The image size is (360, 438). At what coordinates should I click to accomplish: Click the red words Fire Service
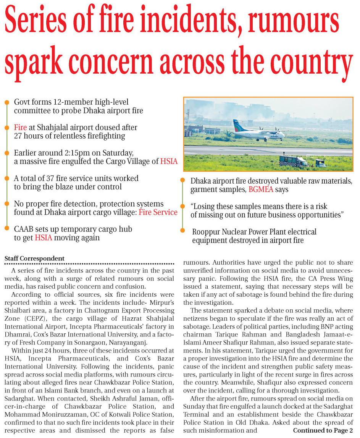click(x=158, y=212)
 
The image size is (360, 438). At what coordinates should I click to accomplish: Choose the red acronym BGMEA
click(x=262, y=189)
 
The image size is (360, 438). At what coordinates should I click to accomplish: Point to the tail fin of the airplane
click(x=236, y=125)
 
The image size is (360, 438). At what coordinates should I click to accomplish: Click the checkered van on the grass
click(x=293, y=161)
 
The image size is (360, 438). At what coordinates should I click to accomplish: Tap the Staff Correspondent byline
click(x=34, y=259)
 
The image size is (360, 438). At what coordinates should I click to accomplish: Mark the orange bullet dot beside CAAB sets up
click(x=6, y=229)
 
